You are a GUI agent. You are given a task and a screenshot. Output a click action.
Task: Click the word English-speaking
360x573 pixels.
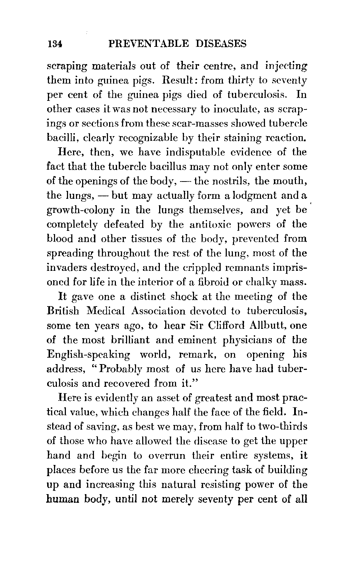(89, 355)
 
